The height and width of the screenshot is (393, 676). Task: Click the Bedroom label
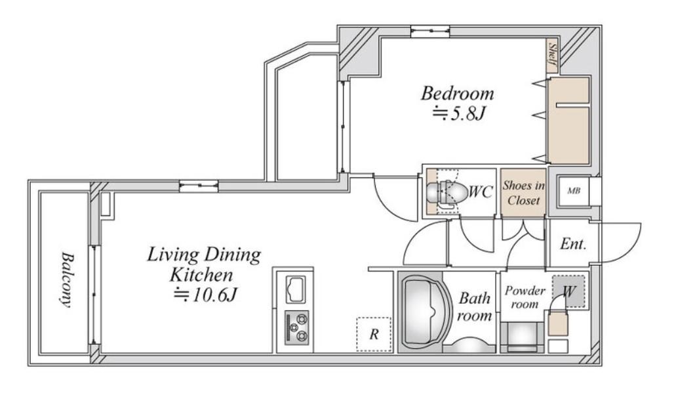click(x=458, y=93)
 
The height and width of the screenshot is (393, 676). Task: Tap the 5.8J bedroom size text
click(x=460, y=114)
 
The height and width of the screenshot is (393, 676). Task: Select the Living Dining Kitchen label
click(x=203, y=264)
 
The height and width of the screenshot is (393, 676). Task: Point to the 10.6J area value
click(x=205, y=295)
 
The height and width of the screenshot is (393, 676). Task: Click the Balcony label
click(x=67, y=279)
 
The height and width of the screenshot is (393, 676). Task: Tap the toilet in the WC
click(x=447, y=192)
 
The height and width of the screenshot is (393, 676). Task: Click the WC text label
click(x=481, y=192)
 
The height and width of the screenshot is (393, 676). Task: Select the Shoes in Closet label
click(x=523, y=193)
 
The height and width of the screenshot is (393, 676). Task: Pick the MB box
click(x=574, y=191)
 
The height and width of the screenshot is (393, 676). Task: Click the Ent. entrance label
click(x=573, y=244)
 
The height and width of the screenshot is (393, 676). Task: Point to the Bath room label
click(x=474, y=306)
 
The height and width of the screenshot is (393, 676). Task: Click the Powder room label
click(x=525, y=297)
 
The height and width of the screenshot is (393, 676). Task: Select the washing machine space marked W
click(x=568, y=291)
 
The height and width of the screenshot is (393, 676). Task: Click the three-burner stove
click(x=296, y=327)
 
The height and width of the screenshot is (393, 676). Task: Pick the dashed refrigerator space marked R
click(x=374, y=334)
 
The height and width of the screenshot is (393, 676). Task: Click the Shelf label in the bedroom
click(x=552, y=56)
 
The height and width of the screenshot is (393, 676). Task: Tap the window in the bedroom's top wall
click(x=430, y=30)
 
